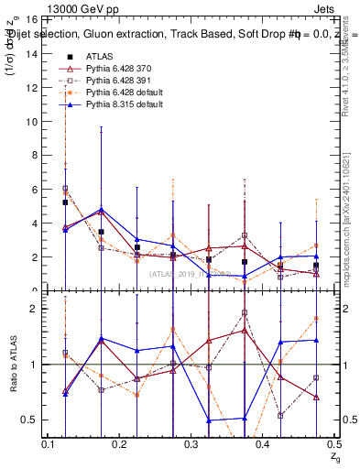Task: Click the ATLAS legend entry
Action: pos(98,56)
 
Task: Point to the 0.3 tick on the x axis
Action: pos(191,444)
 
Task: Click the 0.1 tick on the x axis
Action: pos(48,444)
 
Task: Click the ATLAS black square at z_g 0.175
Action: pos(101,232)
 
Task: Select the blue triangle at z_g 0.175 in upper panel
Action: pos(101,210)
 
